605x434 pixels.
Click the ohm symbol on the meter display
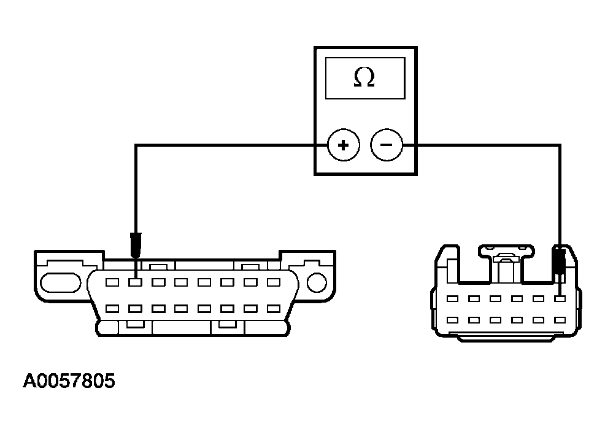364,78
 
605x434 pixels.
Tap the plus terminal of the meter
342,145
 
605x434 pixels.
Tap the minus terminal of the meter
387,145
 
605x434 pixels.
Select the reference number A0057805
69,381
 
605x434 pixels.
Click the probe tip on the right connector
558,260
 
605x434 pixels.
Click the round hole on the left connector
316,282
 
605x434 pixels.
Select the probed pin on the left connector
136,283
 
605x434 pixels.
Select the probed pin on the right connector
558,299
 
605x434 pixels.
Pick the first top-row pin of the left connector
112,283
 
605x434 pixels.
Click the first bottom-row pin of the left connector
112,309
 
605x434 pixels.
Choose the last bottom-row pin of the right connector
558,320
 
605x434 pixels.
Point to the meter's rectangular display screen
364,78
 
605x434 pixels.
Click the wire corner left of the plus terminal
136,145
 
